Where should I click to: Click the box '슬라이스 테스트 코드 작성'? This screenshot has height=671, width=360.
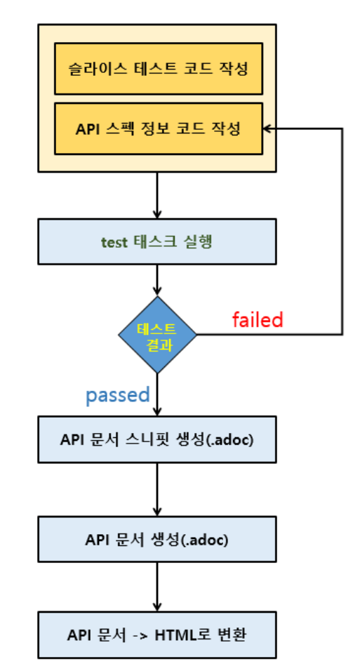click(157, 69)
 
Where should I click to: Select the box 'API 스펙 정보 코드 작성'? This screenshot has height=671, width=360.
click(157, 129)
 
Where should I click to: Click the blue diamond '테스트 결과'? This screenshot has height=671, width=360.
click(157, 334)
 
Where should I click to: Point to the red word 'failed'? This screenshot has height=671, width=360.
click(258, 319)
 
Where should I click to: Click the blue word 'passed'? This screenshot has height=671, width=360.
click(118, 395)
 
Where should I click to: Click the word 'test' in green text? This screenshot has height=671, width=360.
click(114, 242)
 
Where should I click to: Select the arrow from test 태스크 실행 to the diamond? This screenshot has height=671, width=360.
click(157, 279)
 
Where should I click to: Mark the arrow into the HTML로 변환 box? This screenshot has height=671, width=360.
click(157, 587)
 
